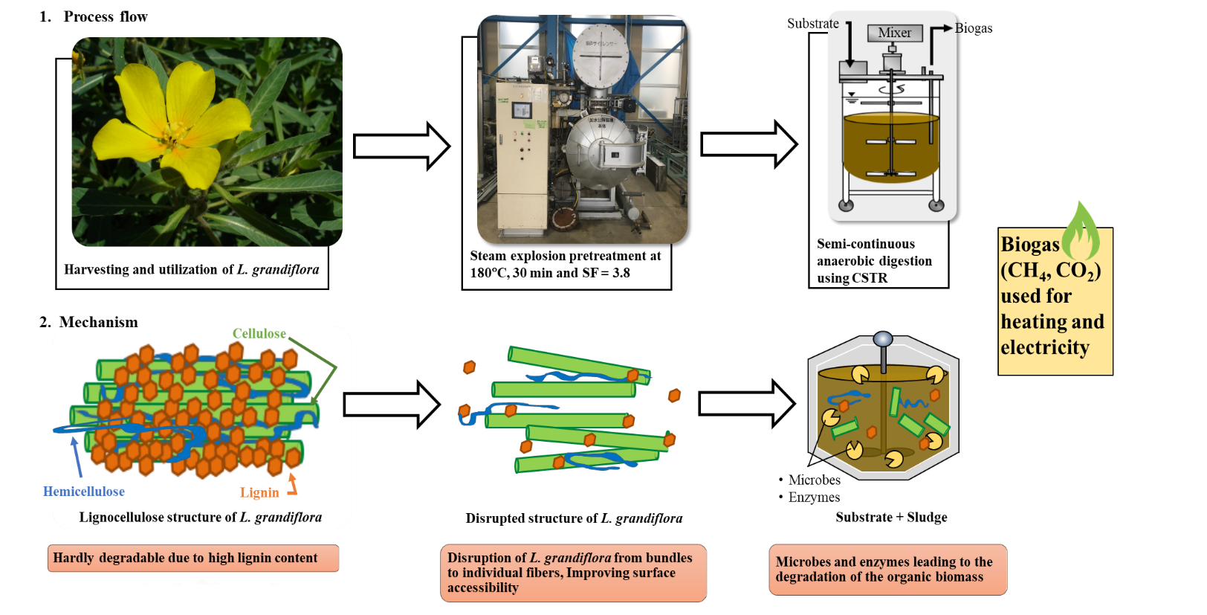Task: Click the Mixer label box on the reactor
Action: point(894,33)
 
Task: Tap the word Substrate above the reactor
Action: point(812,24)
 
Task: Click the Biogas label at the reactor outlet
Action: point(973,28)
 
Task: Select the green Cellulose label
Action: point(259,333)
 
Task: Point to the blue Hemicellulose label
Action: point(84,492)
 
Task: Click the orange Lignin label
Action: point(259,492)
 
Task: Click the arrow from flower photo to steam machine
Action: point(401,146)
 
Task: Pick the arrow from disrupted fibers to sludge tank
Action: point(746,404)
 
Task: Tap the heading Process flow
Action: point(106,16)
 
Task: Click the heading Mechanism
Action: point(98,322)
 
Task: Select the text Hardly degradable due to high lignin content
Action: point(185,558)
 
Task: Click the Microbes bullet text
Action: point(814,480)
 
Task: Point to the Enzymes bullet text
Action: point(814,498)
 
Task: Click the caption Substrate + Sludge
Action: point(891,517)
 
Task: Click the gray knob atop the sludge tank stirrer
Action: point(882,340)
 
